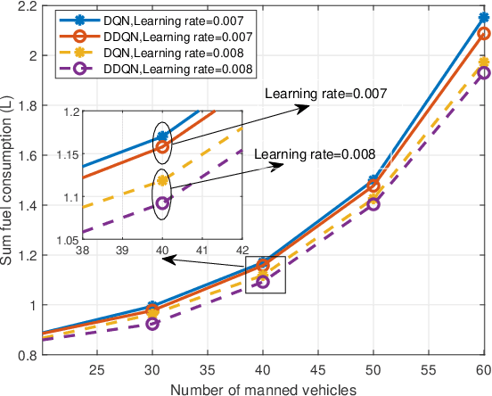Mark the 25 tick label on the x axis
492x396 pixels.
97,370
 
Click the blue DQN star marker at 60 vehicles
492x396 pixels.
483,18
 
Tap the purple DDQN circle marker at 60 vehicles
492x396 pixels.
483,73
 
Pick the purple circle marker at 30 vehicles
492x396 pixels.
152,323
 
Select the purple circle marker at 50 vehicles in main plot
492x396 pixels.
373,204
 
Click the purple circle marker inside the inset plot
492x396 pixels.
162,202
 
